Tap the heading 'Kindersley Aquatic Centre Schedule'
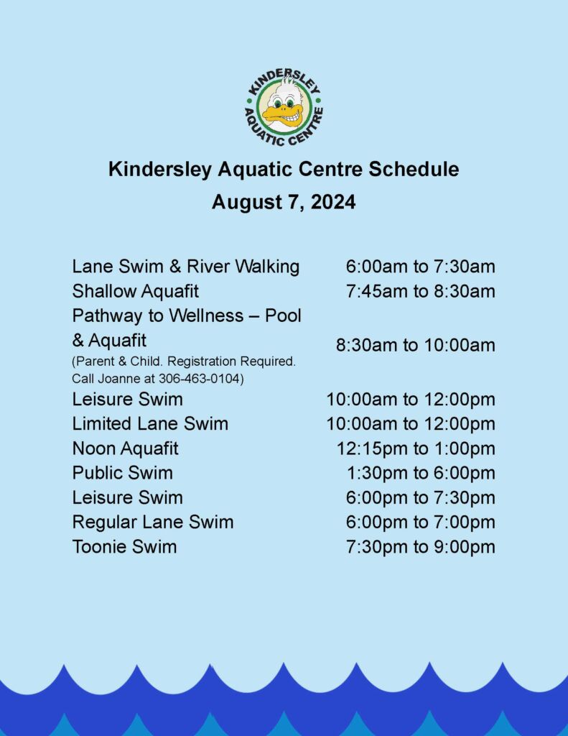click(284, 169)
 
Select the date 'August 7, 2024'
click(284, 202)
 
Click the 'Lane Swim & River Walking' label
click(186, 266)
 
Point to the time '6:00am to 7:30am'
click(421, 267)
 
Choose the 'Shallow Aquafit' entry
click(136, 291)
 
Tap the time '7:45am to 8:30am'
click(421, 291)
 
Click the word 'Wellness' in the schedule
click(206, 316)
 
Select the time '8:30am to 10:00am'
click(416, 345)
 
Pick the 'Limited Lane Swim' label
click(150, 423)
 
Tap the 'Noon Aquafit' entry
click(125, 448)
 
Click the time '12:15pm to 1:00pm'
click(416, 448)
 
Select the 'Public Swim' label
click(122, 473)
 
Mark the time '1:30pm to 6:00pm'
click(422, 473)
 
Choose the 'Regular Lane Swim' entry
click(153, 522)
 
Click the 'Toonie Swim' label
click(124, 546)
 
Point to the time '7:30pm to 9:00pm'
click(421, 547)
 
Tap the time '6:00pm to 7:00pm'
click(421, 522)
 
